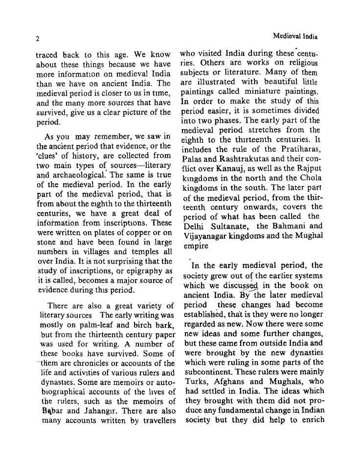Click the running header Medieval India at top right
pyautogui.click(x=295, y=36)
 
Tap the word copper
pyautogui.click(x=139, y=232)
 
